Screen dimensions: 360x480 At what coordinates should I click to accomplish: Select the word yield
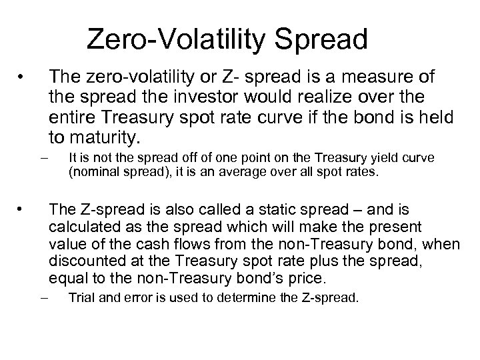(377, 158)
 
